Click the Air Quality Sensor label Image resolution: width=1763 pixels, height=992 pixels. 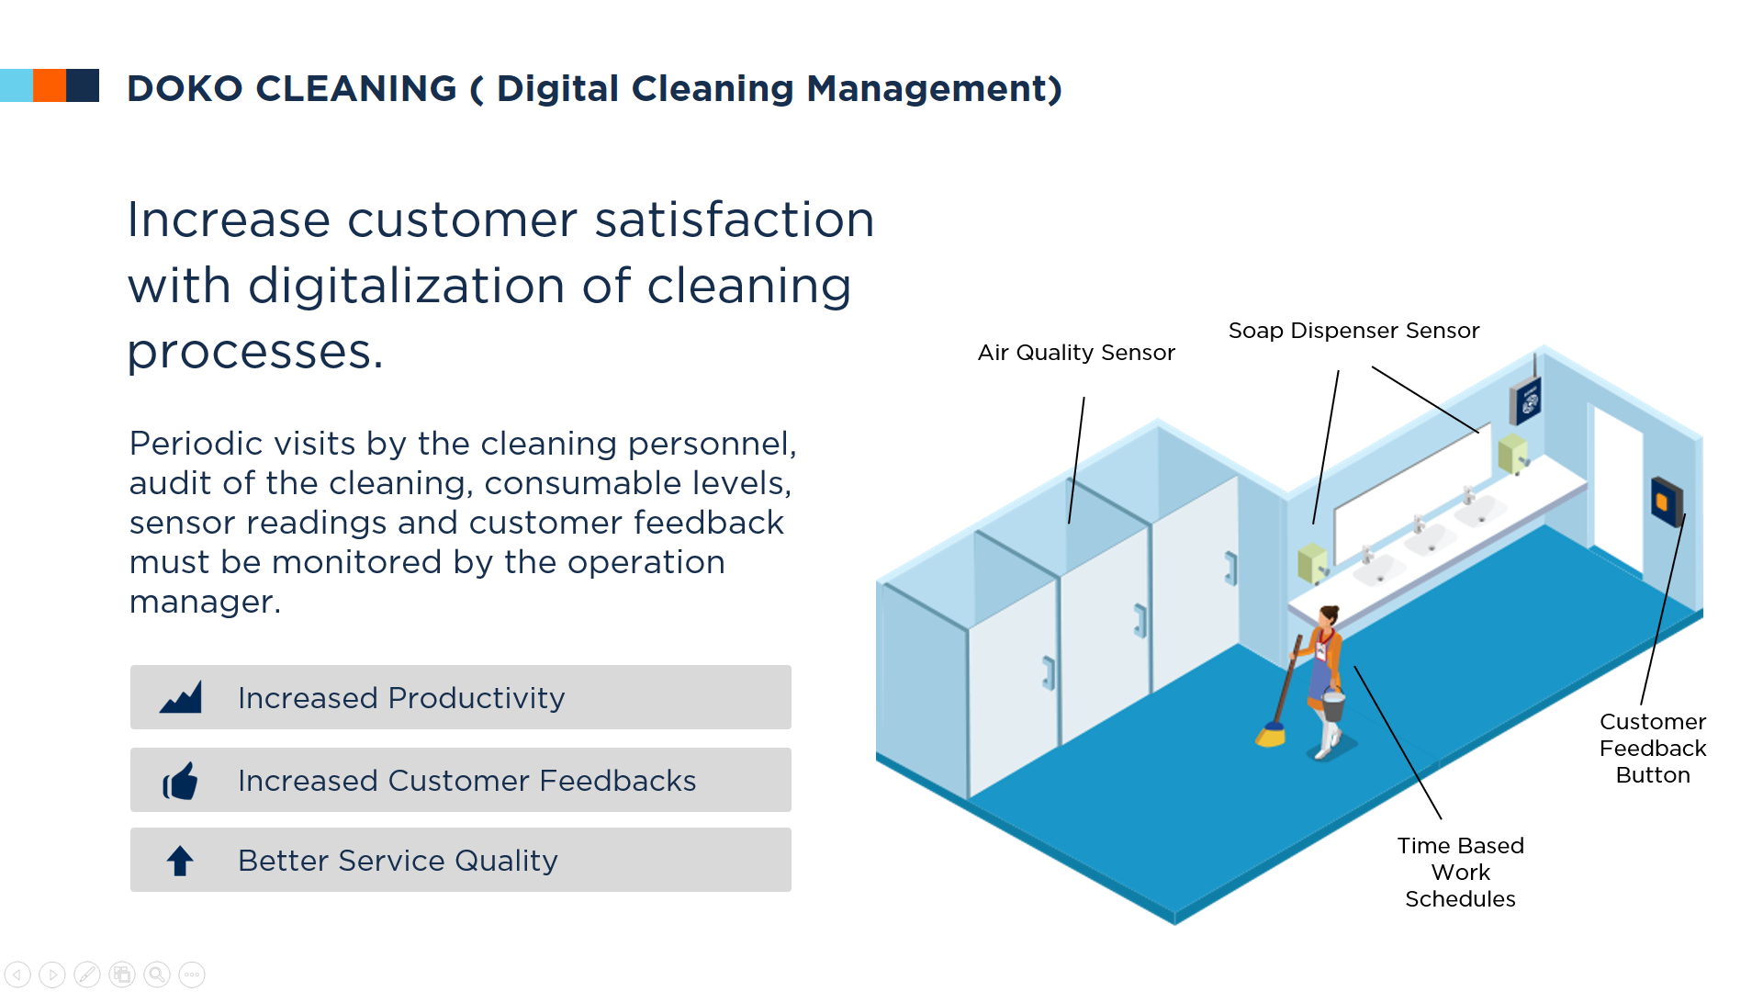click(1076, 353)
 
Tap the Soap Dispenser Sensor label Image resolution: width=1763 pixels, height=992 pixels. click(1353, 331)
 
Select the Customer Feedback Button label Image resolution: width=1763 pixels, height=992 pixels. click(1653, 749)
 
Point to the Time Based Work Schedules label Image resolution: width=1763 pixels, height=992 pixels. click(1460, 872)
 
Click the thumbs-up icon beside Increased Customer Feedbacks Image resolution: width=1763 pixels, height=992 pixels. click(180, 781)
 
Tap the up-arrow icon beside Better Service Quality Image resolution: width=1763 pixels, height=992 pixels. click(180, 861)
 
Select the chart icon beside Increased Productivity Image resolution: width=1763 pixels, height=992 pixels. click(180, 698)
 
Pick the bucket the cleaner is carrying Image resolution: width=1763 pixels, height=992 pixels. click(1333, 705)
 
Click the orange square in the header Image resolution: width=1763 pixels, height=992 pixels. click(50, 85)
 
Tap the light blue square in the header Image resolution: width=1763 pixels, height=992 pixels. click(17, 85)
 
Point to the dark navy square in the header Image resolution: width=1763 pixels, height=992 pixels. click(83, 85)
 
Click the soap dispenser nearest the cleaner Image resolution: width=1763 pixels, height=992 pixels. click(1312, 563)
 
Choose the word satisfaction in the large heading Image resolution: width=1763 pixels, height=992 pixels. click(735, 220)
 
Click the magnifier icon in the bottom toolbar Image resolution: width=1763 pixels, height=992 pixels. click(157, 975)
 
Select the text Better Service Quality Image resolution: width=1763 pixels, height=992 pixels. click(398, 861)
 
